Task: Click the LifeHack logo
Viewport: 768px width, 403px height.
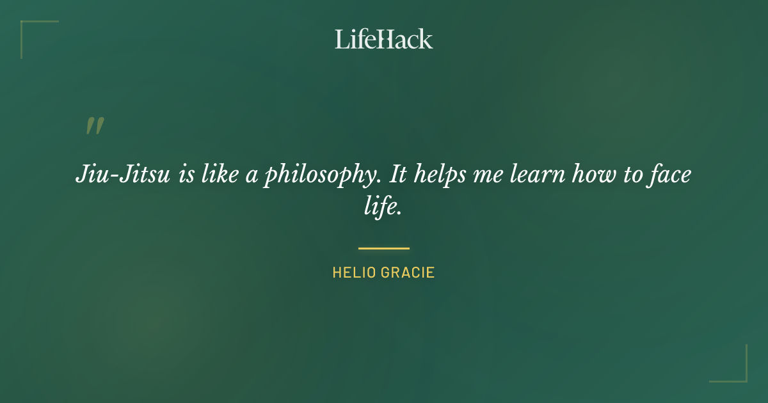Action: (x=383, y=39)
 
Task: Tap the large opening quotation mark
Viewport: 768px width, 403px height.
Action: (x=95, y=126)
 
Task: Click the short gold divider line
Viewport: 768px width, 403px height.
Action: (x=383, y=248)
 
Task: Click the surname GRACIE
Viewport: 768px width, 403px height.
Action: (x=408, y=273)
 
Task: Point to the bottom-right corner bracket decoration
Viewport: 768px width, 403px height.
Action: (x=736, y=372)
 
